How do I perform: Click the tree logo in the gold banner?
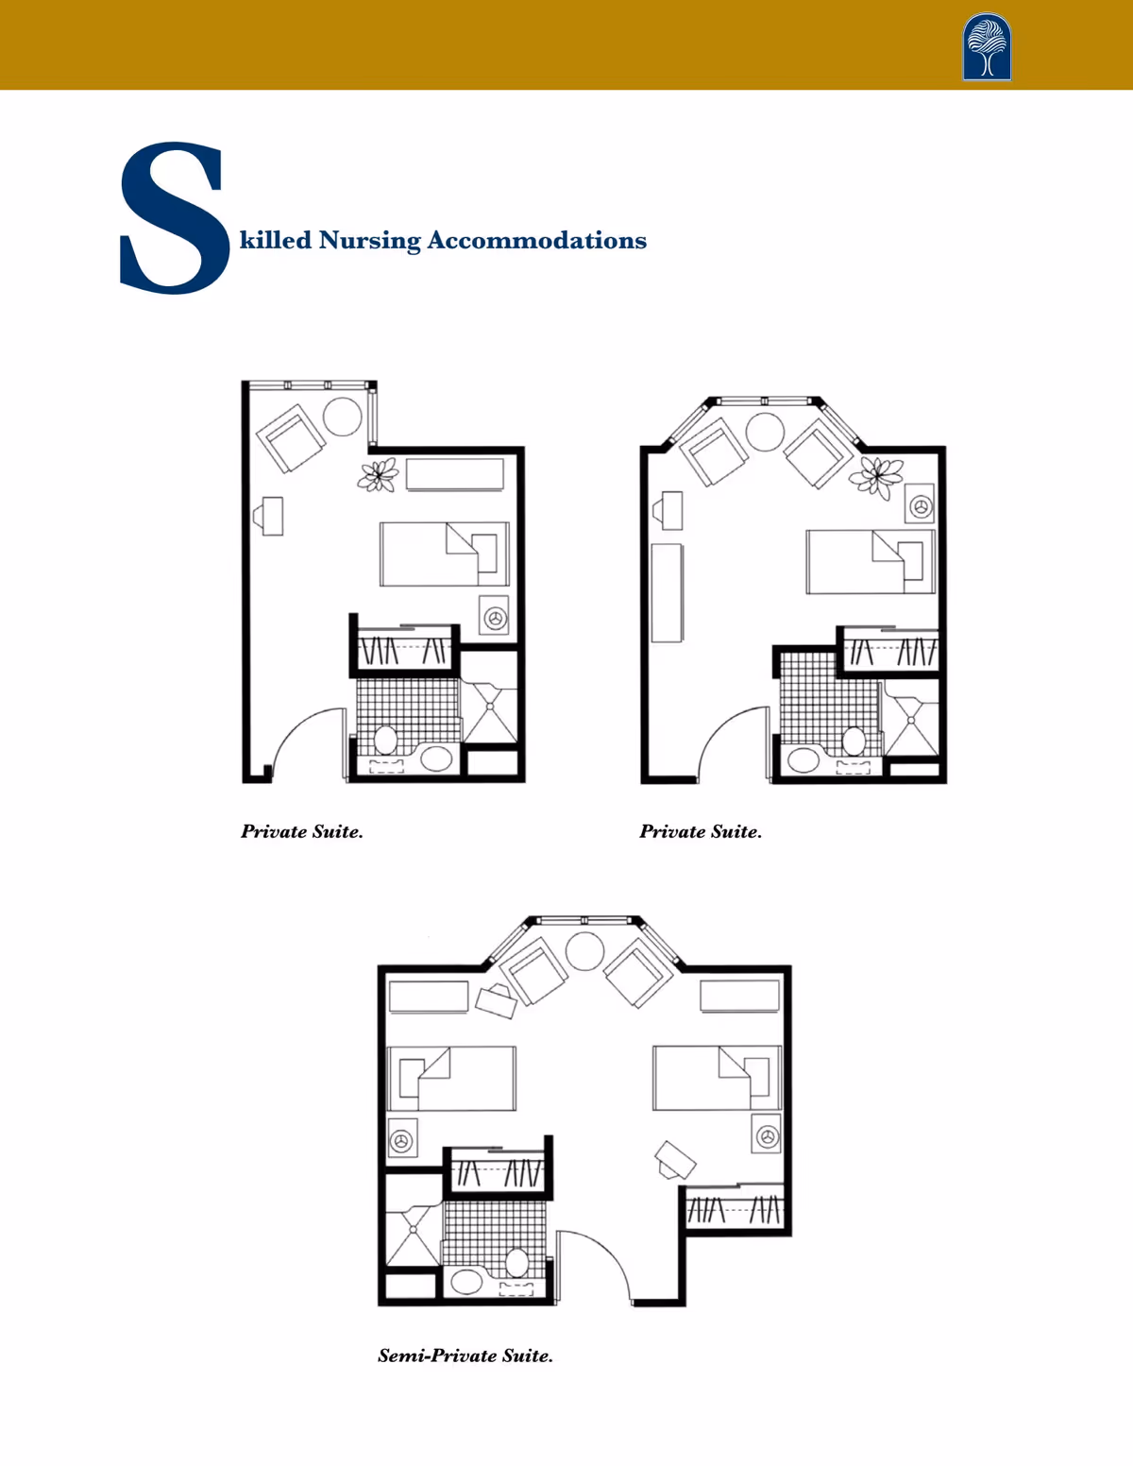tap(987, 46)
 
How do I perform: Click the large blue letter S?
tap(175, 218)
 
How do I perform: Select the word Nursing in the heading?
tap(369, 241)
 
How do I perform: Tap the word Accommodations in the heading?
tap(536, 240)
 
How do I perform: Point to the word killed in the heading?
tap(276, 240)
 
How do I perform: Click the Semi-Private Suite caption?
tap(465, 1355)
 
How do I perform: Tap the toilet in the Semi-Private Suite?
tap(517, 1262)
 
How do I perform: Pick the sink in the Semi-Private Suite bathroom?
tap(466, 1281)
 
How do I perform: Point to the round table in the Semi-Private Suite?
tap(584, 951)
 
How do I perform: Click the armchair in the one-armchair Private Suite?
tap(291, 438)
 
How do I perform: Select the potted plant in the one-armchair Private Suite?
tap(378, 474)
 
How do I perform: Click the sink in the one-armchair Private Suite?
tap(436, 759)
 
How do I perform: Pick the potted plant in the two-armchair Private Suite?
tap(876, 477)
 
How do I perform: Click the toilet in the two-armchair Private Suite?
tap(854, 741)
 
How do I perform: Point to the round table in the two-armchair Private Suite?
tap(765, 432)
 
